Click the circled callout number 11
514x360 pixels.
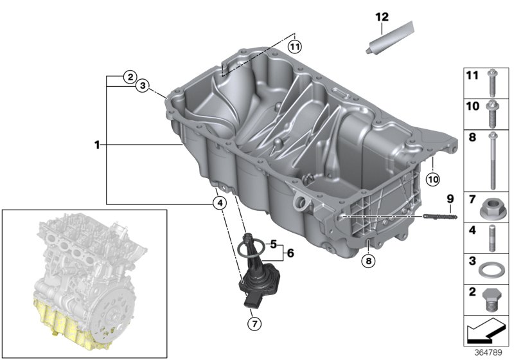click(295, 46)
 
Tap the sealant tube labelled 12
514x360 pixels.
click(390, 37)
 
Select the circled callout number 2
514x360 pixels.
click(130, 77)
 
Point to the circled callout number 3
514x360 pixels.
click(142, 86)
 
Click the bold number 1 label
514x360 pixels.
click(97, 145)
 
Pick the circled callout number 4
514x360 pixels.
click(220, 203)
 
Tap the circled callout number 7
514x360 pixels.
click(254, 324)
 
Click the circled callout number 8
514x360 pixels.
click(369, 260)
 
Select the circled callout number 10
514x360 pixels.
click(433, 179)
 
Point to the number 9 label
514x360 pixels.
click(450, 199)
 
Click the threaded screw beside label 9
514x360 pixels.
click(440, 217)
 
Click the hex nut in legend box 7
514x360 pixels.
click(488, 209)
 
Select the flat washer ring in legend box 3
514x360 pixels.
click(490, 269)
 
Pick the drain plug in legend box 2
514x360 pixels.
click(490, 301)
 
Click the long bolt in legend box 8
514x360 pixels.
click(492, 161)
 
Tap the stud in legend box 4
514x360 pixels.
click(492, 238)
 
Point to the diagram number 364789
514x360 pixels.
click(488, 352)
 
